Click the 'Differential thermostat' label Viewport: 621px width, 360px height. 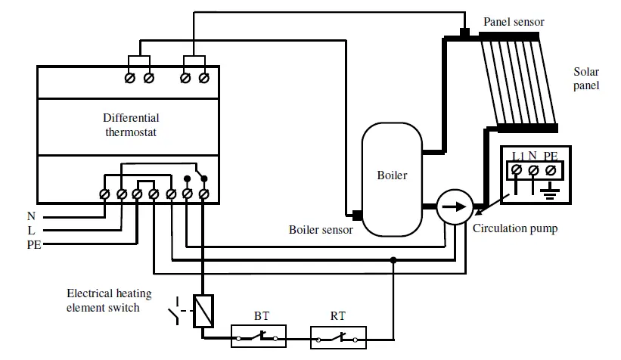click(x=131, y=125)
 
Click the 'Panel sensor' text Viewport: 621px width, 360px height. click(x=514, y=22)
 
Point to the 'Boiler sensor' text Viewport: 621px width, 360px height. click(x=321, y=230)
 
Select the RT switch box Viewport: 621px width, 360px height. click(x=338, y=336)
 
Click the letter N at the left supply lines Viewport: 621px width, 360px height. click(x=31, y=216)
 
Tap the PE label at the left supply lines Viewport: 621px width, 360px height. click(x=34, y=244)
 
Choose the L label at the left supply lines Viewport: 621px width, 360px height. click(x=31, y=230)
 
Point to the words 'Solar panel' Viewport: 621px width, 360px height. click(x=586, y=79)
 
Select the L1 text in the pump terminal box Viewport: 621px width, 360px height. click(x=518, y=157)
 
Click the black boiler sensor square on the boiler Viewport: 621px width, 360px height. click(x=357, y=216)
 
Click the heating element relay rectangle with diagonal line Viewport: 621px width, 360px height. click(x=202, y=310)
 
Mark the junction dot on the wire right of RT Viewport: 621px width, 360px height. click(x=393, y=259)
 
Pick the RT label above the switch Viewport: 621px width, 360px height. click(x=338, y=316)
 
